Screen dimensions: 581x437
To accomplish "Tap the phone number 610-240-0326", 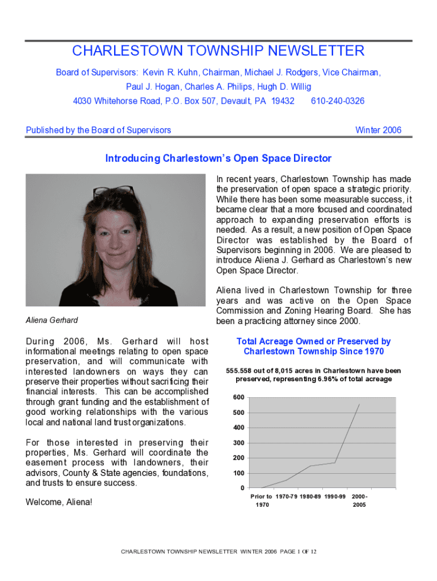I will (x=338, y=101).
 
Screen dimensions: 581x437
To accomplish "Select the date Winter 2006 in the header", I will (x=378, y=130).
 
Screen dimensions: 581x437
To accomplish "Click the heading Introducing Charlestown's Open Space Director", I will (x=218, y=158).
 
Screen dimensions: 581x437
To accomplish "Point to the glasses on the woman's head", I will (x=114, y=192).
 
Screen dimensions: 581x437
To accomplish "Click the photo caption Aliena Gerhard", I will (x=52, y=321).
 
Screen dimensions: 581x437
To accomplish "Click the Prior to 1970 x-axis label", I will (x=261, y=500).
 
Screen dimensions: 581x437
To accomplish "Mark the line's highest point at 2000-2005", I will (x=359, y=404).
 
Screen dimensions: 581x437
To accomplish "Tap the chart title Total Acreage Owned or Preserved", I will (x=313, y=346).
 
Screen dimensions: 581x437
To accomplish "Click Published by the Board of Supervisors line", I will (x=99, y=130).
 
